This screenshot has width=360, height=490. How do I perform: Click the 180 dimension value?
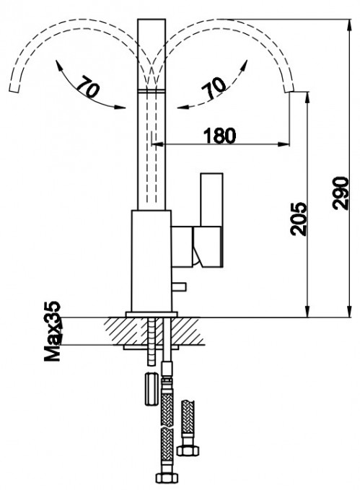[x=220, y=136]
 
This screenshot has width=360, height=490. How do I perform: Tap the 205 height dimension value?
[x=299, y=219]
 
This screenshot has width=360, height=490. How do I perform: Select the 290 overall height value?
[x=341, y=193]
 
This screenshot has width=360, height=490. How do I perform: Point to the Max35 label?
[x=52, y=331]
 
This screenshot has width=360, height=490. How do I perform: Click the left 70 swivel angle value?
[x=89, y=86]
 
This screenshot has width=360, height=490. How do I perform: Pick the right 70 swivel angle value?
[x=214, y=88]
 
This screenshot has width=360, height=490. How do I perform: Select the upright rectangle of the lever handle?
[x=211, y=200]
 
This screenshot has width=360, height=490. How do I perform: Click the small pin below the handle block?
[x=179, y=286]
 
